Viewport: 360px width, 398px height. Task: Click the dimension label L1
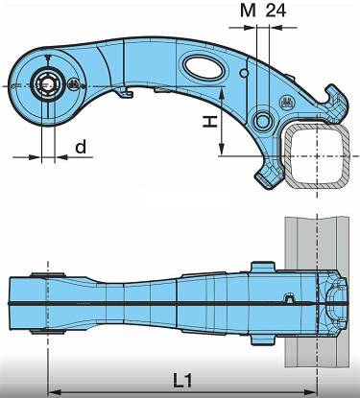click(183, 380)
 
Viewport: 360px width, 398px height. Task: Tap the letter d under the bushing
click(81, 147)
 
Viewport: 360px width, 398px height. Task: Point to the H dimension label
click(210, 122)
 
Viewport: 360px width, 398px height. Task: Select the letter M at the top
click(249, 12)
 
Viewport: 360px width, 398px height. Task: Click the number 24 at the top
click(276, 11)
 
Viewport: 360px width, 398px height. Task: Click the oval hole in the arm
click(204, 67)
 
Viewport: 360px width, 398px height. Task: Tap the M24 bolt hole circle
click(263, 121)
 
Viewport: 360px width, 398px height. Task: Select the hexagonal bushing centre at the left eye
click(47, 84)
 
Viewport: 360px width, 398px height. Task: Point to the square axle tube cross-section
click(317, 156)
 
